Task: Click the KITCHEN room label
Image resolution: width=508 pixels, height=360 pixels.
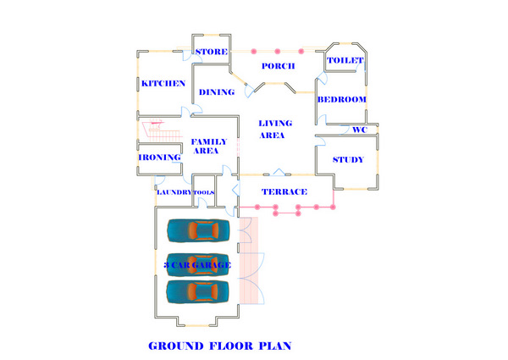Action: pyautogui.click(x=163, y=83)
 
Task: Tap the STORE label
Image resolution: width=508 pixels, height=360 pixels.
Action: pyautogui.click(x=211, y=53)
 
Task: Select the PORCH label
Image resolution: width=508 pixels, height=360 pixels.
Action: pyautogui.click(x=278, y=66)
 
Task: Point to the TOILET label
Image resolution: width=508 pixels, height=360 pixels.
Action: pyautogui.click(x=345, y=61)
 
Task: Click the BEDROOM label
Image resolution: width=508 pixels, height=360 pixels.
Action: pyautogui.click(x=341, y=99)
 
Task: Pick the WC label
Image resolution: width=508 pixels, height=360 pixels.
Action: pyautogui.click(x=358, y=130)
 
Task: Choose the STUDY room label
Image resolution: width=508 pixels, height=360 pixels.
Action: pyautogui.click(x=348, y=159)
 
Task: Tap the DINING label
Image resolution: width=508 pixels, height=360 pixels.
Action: pyautogui.click(x=216, y=92)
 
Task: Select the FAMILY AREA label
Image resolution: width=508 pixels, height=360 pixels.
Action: pyautogui.click(x=206, y=146)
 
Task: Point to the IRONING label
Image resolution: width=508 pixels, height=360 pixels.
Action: pyautogui.click(x=160, y=157)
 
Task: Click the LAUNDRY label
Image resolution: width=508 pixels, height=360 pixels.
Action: pyautogui.click(x=173, y=192)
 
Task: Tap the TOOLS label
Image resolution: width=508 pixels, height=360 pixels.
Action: pyautogui.click(x=204, y=192)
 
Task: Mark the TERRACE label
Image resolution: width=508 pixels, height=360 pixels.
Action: pyautogui.click(x=284, y=191)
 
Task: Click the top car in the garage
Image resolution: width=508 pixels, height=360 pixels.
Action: pyautogui.click(x=198, y=230)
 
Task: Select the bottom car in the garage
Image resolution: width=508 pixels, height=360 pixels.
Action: pyautogui.click(x=198, y=291)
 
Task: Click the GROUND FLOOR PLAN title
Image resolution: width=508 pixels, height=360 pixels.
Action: pyautogui.click(x=220, y=346)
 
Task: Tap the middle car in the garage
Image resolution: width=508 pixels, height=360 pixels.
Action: pyautogui.click(x=198, y=261)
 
